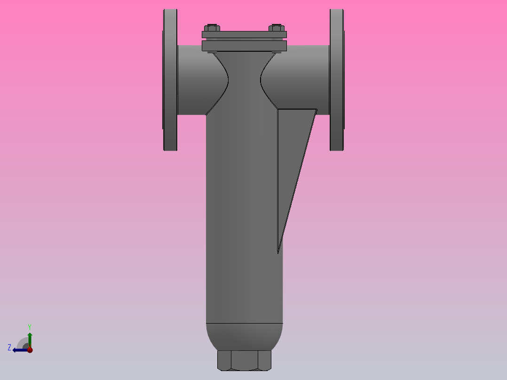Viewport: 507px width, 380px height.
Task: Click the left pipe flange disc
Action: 170,80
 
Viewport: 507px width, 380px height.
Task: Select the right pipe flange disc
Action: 336,80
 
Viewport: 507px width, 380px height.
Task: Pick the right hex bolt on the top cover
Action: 277,28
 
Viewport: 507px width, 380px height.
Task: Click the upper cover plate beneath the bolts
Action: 244,35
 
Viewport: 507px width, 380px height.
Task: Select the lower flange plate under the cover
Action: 244,46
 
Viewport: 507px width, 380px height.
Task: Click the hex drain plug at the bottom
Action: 244,360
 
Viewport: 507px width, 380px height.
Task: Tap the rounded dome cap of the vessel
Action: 244,336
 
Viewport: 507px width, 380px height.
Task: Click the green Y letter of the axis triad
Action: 29,326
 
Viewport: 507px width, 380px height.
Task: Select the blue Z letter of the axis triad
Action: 9,348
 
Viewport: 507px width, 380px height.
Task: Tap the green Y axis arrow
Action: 30,339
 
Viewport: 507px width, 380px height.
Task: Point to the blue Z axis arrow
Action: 20,350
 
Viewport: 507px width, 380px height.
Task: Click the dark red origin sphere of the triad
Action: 30,349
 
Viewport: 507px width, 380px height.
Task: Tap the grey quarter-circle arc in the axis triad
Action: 22,341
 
